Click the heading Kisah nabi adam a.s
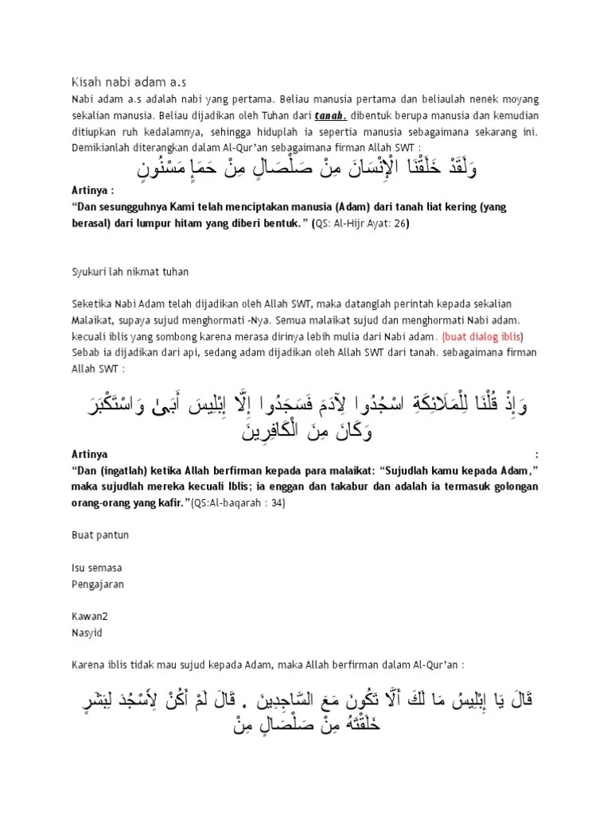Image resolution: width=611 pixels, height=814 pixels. pyautogui.click(x=129, y=81)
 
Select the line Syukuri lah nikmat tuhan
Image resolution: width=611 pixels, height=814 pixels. pyautogui.click(x=127, y=272)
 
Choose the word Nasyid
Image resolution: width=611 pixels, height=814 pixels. pyautogui.click(x=86, y=633)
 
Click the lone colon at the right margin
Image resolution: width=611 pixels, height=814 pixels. pyautogui.click(x=538, y=455)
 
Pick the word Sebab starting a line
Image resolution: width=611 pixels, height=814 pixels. pyautogui.click(x=85, y=352)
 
